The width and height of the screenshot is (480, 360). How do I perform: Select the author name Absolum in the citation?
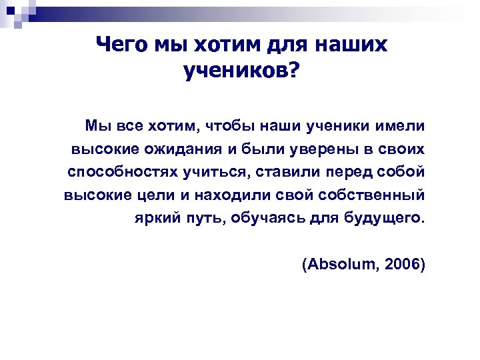(340, 265)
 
